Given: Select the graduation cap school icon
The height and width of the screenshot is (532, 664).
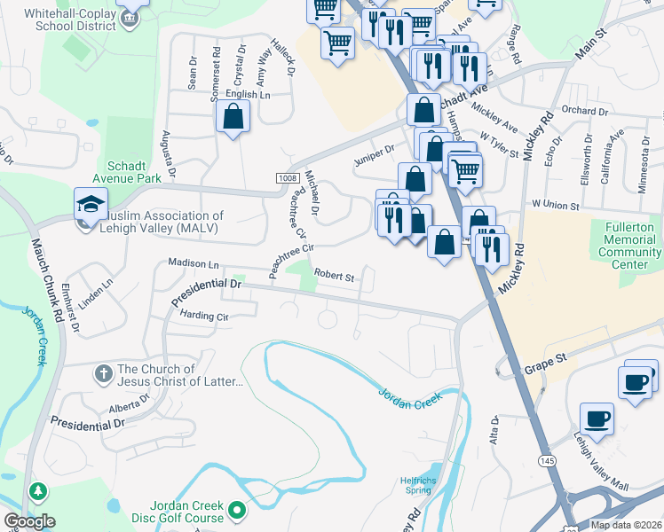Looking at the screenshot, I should pyautogui.click(x=91, y=204).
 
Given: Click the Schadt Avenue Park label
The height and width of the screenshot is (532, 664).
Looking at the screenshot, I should pyautogui.click(x=135, y=171).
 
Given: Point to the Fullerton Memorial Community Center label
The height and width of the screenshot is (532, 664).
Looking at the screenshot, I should pyautogui.click(x=629, y=246).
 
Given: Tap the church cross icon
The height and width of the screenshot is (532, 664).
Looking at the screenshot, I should pyautogui.click(x=103, y=372).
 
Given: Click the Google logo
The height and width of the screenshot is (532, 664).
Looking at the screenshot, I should pyautogui.click(x=29, y=520).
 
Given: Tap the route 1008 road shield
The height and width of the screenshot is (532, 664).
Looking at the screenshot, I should pyautogui.click(x=287, y=178).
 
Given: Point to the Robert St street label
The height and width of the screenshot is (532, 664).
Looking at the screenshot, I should pyautogui.click(x=334, y=277).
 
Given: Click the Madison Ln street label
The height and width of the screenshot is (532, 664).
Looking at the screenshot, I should pyautogui.click(x=194, y=263).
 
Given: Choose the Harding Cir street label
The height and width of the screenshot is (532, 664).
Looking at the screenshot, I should pyautogui.click(x=204, y=315).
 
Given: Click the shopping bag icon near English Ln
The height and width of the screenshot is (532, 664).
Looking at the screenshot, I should pyautogui.click(x=233, y=116).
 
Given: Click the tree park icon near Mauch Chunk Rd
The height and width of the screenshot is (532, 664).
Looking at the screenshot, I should pyautogui.click(x=38, y=490).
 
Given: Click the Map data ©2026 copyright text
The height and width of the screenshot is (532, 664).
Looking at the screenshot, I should pyautogui.click(x=626, y=525).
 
